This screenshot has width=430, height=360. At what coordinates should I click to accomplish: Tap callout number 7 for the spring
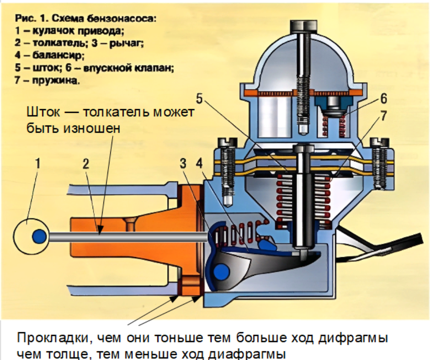click(x=384, y=116)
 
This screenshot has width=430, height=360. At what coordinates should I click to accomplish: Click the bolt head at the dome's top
click(x=302, y=27)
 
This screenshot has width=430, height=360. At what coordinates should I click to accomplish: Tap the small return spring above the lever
click(x=236, y=232)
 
